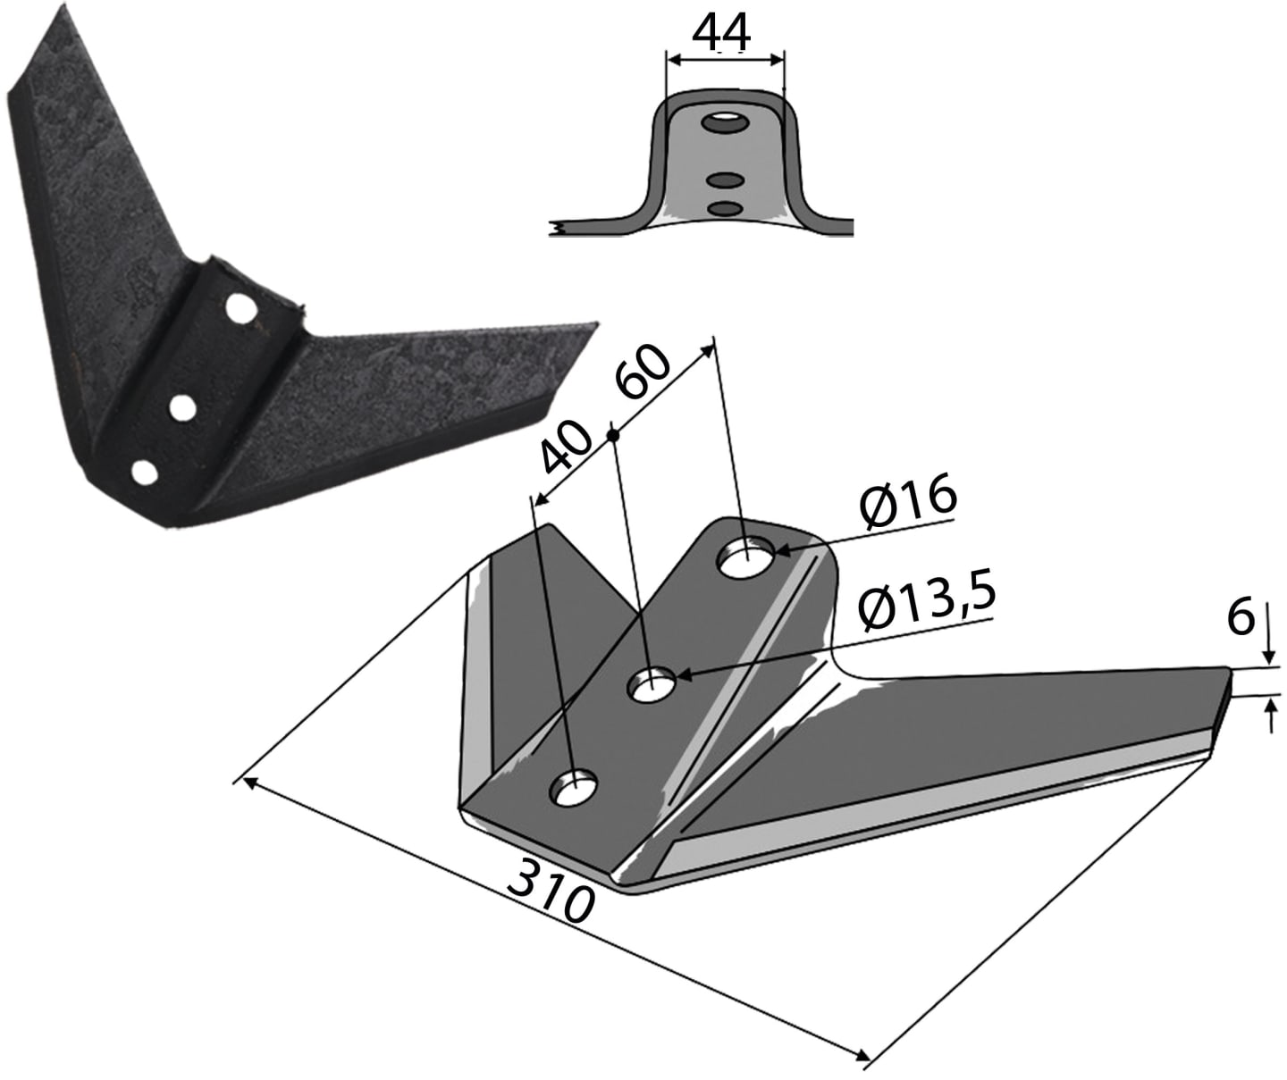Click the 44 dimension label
722,33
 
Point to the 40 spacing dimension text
566,447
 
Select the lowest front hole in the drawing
573,787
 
